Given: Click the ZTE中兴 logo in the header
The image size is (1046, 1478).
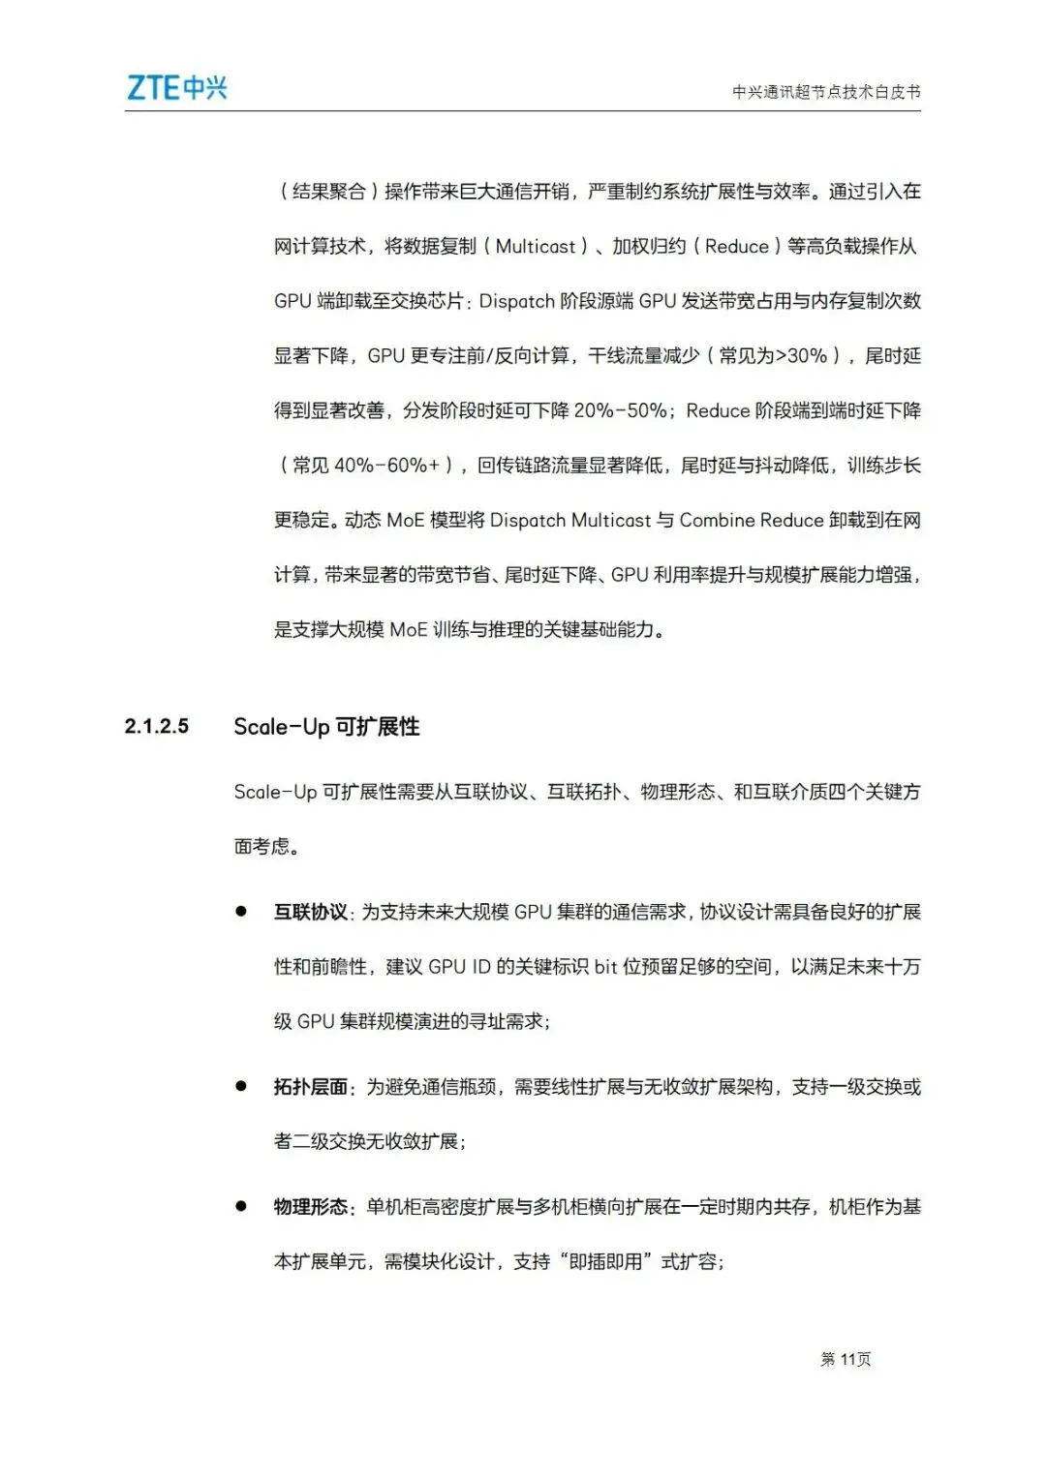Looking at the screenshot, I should point(177,88).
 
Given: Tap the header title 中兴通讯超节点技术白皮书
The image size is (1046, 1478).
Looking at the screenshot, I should point(825,92).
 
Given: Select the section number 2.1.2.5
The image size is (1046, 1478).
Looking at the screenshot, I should point(157,726).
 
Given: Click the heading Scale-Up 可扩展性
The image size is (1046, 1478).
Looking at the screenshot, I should point(326,726).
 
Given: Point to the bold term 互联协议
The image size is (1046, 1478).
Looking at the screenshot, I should point(310,912).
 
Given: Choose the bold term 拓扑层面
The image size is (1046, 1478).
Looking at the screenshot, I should point(310,1087).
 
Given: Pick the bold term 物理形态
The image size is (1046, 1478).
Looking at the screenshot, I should point(310,1207).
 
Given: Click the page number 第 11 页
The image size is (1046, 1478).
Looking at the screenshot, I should point(846,1359).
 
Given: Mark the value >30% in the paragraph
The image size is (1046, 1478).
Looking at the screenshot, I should point(799,356).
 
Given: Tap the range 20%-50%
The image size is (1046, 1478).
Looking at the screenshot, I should point(620,411).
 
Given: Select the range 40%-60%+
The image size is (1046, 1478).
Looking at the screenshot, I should point(386,466).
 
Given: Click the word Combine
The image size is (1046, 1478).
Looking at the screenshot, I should point(717,521).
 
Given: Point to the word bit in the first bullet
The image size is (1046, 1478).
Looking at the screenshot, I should point(605,967).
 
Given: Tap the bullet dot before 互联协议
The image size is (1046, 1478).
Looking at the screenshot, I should point(241,911).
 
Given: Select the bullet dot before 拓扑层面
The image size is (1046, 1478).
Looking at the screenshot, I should point(241,1086).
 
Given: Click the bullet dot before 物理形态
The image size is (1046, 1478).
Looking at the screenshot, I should point(241,1206).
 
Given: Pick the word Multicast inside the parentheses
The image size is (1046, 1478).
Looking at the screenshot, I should point(536,247).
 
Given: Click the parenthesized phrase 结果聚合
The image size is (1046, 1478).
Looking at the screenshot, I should point(329,192).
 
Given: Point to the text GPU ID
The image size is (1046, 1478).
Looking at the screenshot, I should point(459,967).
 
